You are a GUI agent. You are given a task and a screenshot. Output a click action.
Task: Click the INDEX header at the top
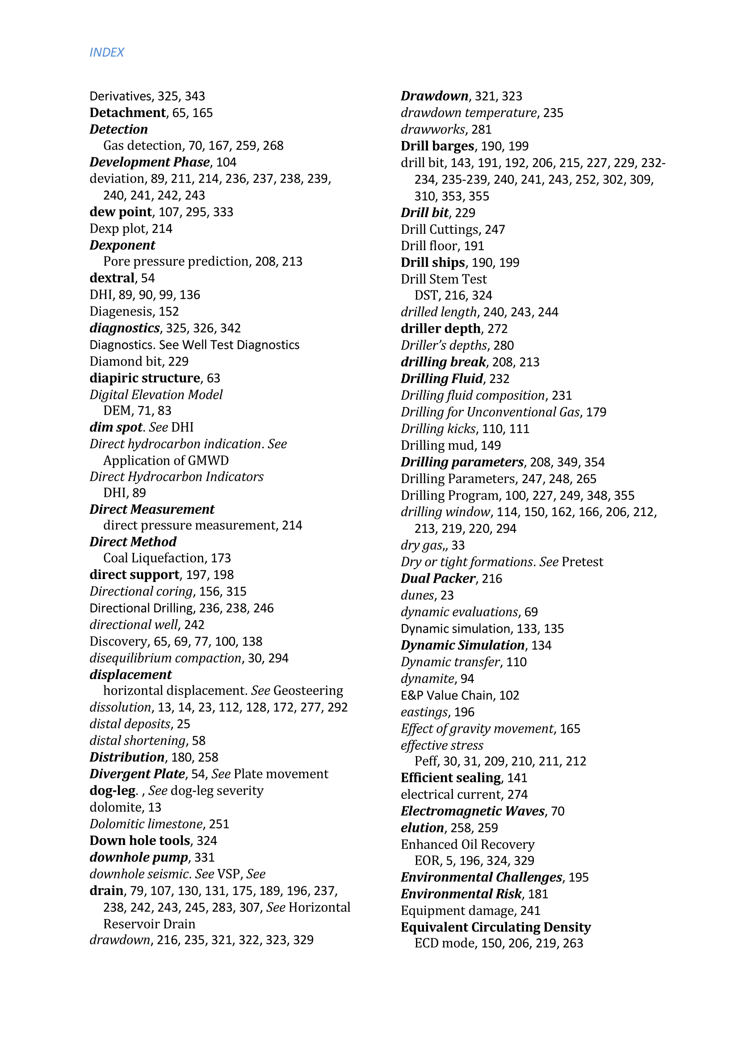coord(106,52)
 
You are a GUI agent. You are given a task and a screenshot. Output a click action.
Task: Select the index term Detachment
coord(127,113)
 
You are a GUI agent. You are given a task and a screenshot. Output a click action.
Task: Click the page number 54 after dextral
coord(148,278)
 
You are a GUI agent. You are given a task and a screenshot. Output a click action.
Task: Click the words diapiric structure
coord(145,378)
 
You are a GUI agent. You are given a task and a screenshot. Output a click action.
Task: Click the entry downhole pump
coord(139,857)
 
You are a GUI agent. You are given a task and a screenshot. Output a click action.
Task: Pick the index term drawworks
coord(433,129)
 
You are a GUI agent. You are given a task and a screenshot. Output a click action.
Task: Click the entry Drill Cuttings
coord(440,229)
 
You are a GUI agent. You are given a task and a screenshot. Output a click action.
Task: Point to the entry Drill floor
coord(429,246)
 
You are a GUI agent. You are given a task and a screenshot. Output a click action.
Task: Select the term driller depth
coord(441,329)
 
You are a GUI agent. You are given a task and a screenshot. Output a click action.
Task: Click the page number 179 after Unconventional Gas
coord(596,412)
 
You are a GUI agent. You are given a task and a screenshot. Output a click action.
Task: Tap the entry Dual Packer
coord(438,579)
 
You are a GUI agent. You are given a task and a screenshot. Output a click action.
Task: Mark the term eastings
coord(424,712)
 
